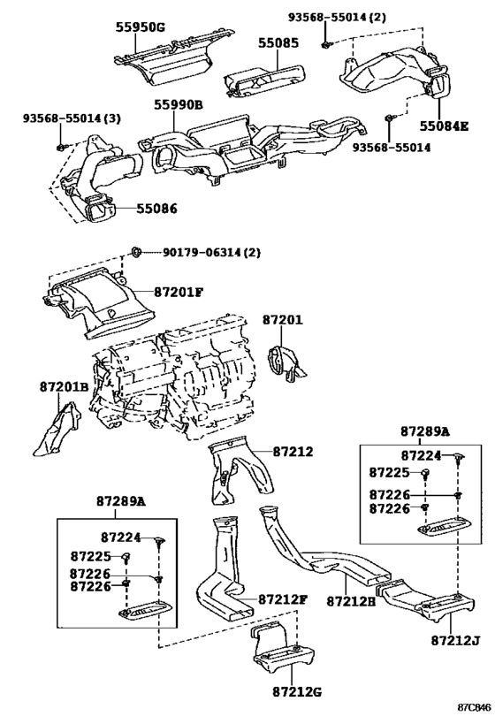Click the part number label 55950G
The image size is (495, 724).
click(x=140, y=27)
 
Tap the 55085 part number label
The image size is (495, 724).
click(x=278, y=43)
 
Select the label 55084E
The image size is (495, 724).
click(x=444, y=126)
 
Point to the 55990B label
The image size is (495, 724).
click(x=179, y=105)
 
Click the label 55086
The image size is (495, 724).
click(x=156, y=209)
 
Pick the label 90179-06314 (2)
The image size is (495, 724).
click(x=211, y=253)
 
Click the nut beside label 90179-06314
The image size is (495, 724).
click(x=136, y=252)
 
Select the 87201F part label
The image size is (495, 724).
click(x=179, y=293)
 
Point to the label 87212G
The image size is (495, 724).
click(x=296, y=692)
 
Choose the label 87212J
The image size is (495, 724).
click(x=456, y=640)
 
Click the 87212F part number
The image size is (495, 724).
click(x=283, y=599)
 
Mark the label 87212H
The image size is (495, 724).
click(x=352, y=601)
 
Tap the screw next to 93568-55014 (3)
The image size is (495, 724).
click(x=61, y=147)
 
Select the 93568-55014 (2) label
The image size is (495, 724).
click(x=338, y=18)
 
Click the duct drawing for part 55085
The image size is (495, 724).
click(x=264, y=80)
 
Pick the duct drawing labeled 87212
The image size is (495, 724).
click(x=240, y=471)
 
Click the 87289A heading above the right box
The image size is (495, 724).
click(x=424, y=431)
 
